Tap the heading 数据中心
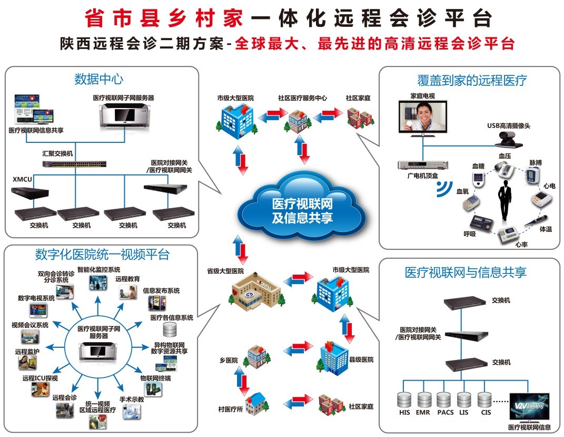point(98,79)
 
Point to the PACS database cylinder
point(444,400)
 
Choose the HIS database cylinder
point(404,400)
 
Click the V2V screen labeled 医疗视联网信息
point(529,406)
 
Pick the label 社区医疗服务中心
point(302,98)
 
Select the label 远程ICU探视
point(40,378)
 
